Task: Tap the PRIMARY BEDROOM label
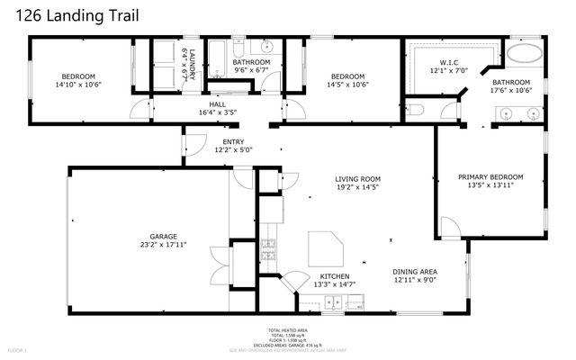pyautogui.click(x=490, y=177)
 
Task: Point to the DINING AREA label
pyautogui.click(x=415, y=272)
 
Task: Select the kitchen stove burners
pyautogui.click(x=267, y=244)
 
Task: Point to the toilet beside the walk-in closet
pyautogui.click(x=417, y=110)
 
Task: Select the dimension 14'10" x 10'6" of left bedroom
pyautogui.click(x=78, y=85)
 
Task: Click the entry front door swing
pyautogui.click(x=193, y=142)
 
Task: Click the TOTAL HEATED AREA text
pyautogui.click(x=288, y=330)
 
